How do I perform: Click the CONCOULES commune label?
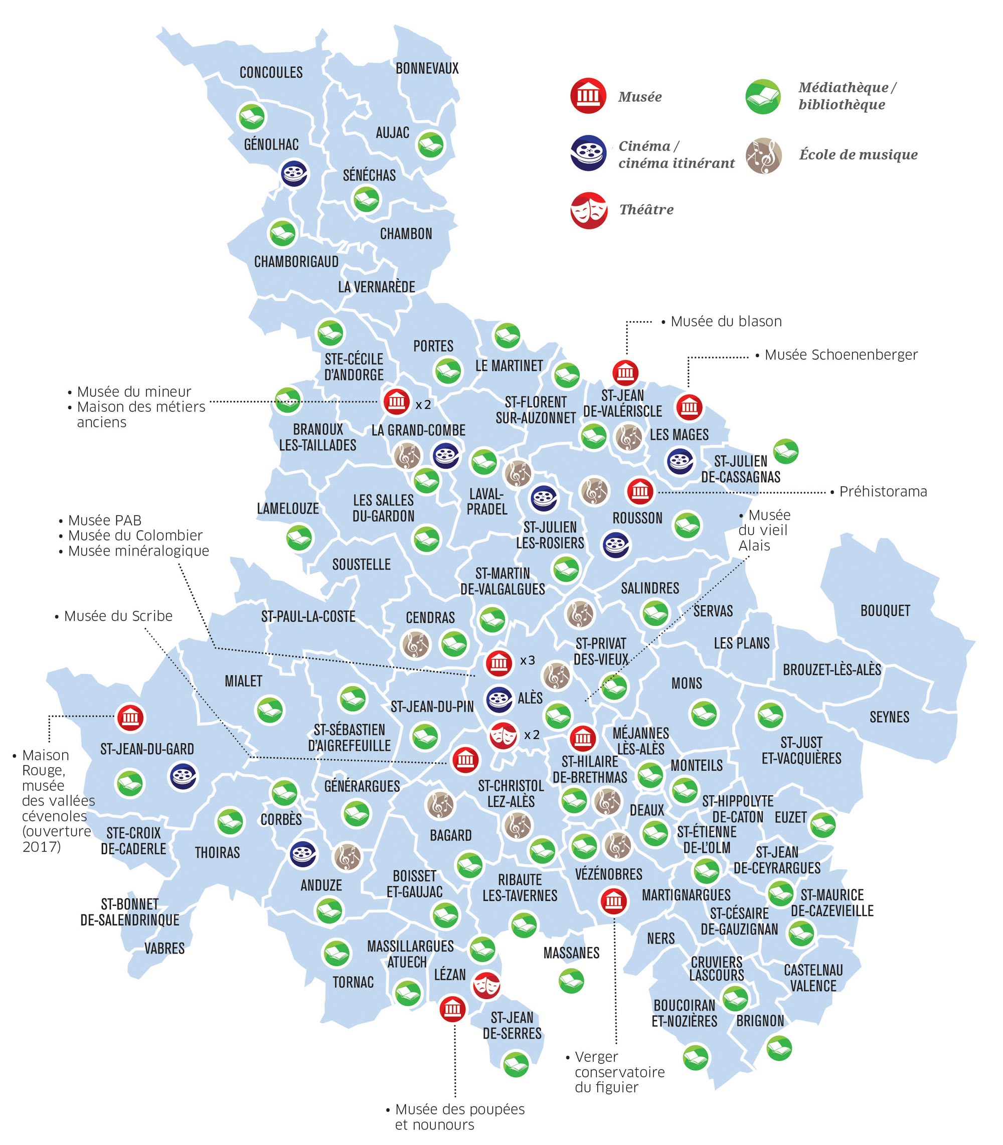271,72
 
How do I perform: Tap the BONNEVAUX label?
427,68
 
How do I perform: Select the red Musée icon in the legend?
588,96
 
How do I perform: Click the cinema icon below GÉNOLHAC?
294,174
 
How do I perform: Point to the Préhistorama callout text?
883,492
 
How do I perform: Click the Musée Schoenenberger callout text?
841,355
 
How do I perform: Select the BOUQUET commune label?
885,610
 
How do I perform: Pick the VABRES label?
164,948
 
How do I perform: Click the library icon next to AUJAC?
430,145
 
